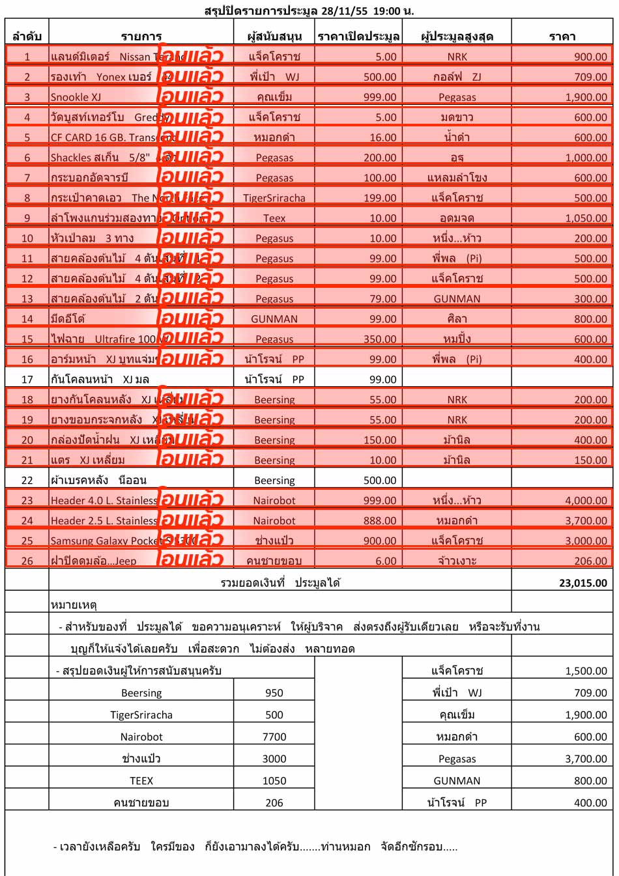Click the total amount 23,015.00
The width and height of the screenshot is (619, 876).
(x=583, y=583)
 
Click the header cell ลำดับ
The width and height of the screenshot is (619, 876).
(x=27, y=36)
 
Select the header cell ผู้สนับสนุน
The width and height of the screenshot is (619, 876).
(x=274, y=36)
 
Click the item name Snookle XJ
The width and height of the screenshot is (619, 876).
(x=76, y=97)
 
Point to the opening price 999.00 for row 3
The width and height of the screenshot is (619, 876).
(x=379, y=97)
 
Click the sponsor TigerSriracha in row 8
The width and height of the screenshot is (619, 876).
(x=274, y=198)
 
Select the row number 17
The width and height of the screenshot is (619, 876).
(x=27, y=379)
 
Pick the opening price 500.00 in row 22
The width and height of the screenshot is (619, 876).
(x=379, y=480)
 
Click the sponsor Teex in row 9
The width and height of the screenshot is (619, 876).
(x=274, y=218)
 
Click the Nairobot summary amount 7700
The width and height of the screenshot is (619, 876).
(x=274, y=737)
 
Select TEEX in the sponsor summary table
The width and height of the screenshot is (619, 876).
(x=141, y=780)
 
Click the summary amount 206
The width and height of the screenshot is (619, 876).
(x=274, y=802)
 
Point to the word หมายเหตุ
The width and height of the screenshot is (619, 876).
(x=74, y=605)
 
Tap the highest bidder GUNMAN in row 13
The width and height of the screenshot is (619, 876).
(x=457, y=299)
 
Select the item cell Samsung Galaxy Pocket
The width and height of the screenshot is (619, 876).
(x=104, y=541)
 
